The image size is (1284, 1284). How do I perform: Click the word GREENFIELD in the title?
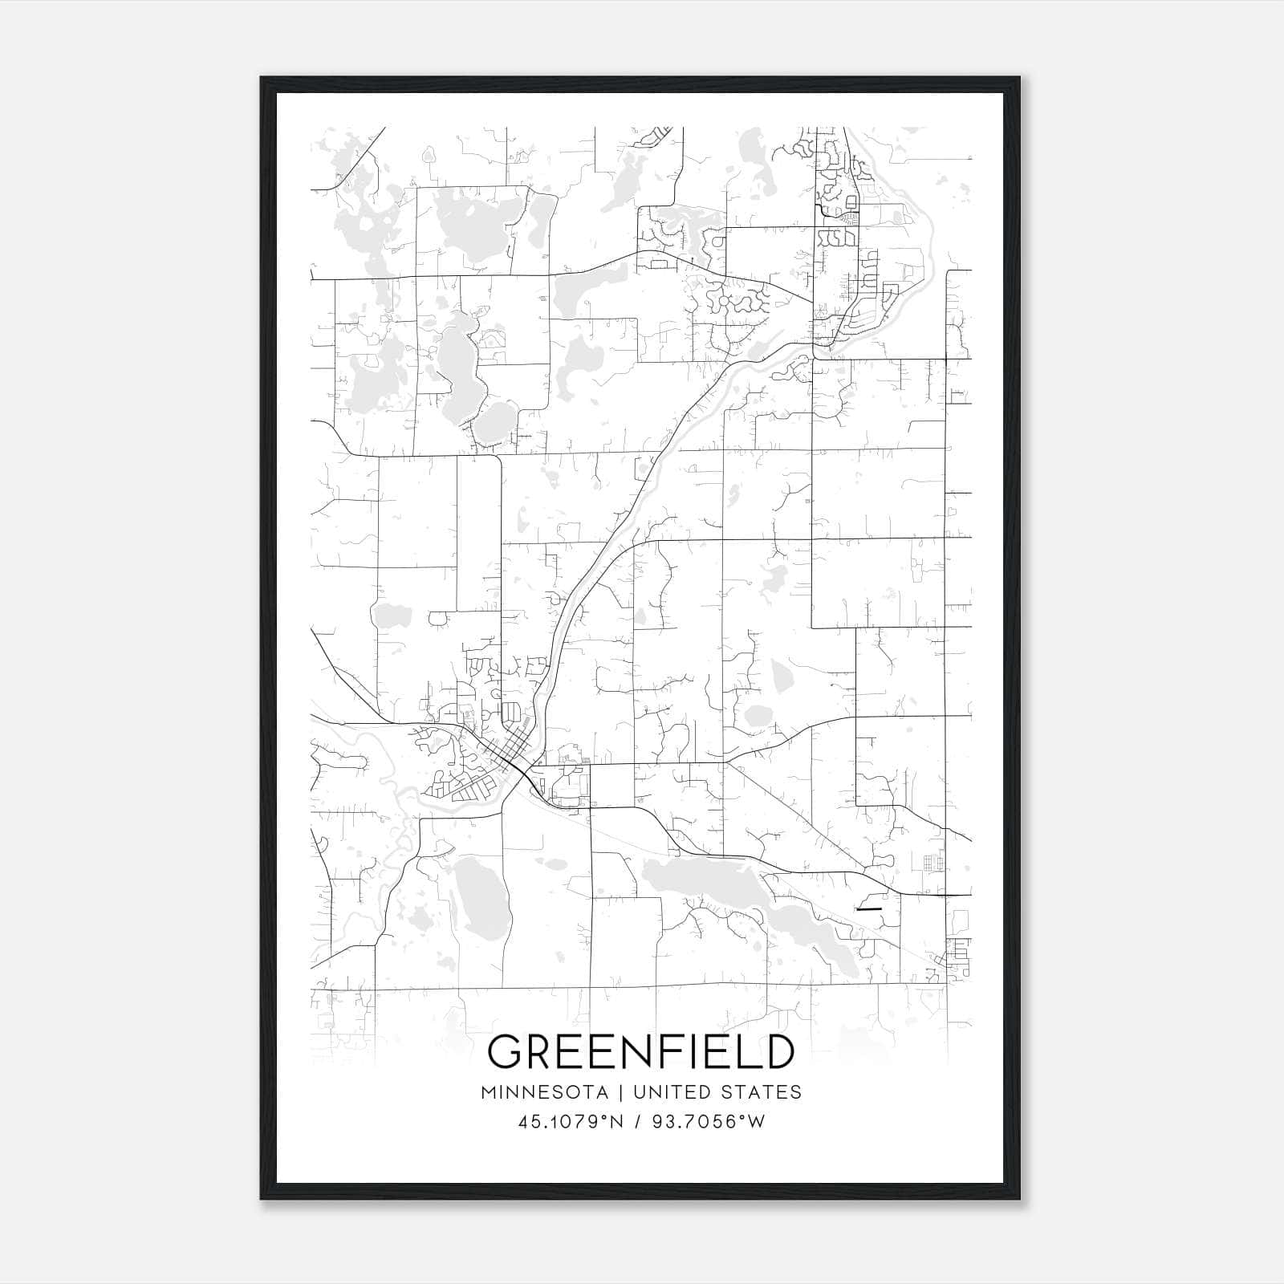click(x=641, y=1052)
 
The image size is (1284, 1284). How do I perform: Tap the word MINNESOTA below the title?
click(x=544, y=1092)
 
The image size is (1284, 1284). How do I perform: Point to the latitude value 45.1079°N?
click(x=571, y=1122)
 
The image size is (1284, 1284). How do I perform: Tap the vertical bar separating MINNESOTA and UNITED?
click(x=620, y=1092)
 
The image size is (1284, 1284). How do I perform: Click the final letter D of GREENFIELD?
click(x=778, y=1052)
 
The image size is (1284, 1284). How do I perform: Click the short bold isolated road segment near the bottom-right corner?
click(x=869, y=909)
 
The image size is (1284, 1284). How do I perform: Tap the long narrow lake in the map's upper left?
click(x=453, y=361)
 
